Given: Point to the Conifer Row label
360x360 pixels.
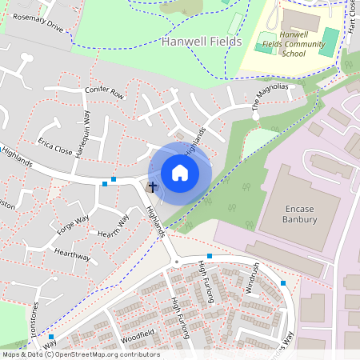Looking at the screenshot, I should [x=104, y=94].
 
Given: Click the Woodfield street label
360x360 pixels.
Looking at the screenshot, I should [x=137, y=333].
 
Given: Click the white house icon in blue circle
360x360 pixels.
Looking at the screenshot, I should [x=180, y=171].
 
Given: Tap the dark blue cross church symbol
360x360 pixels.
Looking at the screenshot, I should [x=153, y=186].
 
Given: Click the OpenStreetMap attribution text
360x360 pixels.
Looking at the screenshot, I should [x=80, y=354].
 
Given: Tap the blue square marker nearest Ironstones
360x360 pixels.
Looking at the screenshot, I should [x=51, y=337].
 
